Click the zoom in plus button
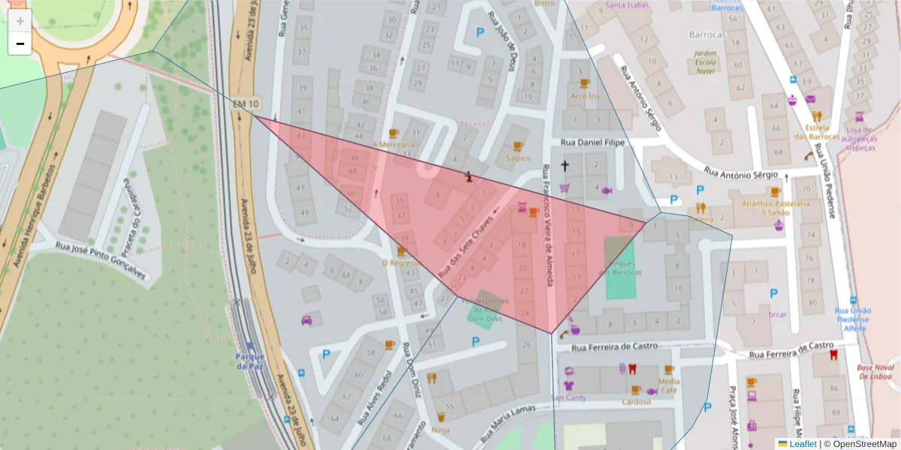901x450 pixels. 20,20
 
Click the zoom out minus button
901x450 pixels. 20,43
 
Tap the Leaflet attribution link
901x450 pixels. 797,444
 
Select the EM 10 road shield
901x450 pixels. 246,103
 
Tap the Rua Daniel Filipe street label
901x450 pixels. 593,142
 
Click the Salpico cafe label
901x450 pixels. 517,158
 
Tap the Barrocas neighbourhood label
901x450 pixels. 707,34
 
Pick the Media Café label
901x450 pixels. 668,385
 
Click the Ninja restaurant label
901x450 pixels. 441,430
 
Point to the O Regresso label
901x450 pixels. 399,263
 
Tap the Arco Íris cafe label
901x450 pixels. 585,96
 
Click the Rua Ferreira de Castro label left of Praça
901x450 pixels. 614,346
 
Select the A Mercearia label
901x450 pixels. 393,144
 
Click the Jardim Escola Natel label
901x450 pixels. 704,61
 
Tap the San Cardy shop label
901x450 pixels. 568,397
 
